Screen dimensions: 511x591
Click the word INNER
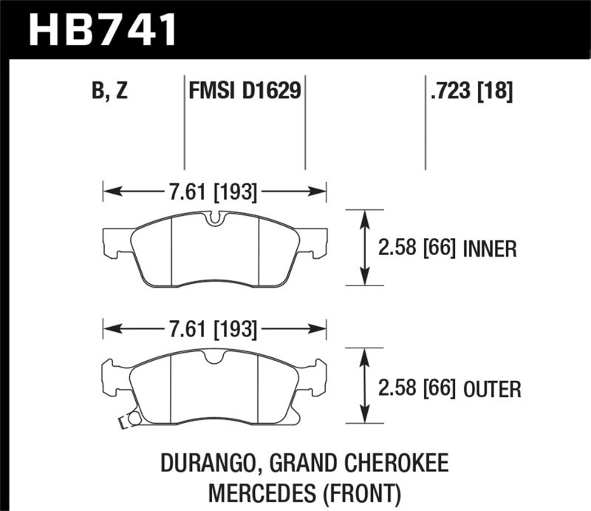[489, 248]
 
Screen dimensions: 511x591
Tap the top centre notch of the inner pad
[215, 218]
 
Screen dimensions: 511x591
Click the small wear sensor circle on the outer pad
[134, 419]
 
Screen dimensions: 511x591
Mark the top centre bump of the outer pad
[215, 356]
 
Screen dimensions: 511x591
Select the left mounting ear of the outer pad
[113, 379]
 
